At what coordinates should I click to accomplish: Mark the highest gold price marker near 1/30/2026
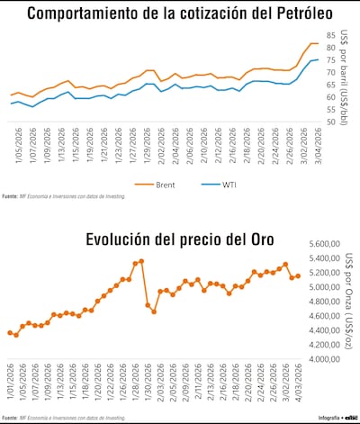click(x=141, y=261)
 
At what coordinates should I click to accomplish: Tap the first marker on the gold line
click(x=10, y=332)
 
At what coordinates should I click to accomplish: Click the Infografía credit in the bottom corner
click(x=335, y=418)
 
